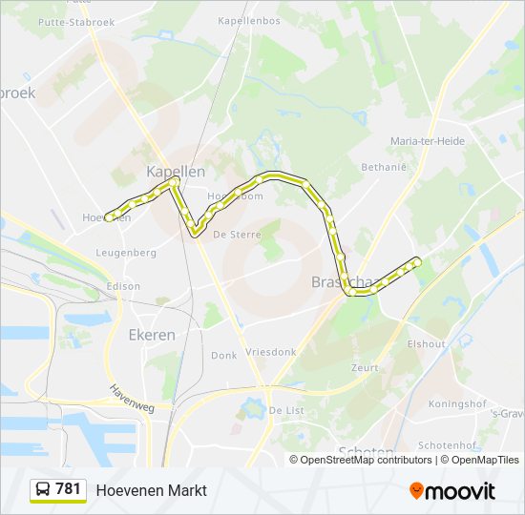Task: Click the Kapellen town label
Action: pos(175,172)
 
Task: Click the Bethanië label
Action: pos(385,167)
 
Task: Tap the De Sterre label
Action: pos(232,234)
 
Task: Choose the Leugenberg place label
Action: pos(126,253)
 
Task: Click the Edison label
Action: pos(124,286)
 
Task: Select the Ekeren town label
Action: pos(152,335)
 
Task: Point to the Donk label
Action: pos(223,355)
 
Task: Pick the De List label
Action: pos(285,410)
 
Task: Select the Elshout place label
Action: pos(427,344)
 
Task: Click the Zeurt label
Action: pos(364,367)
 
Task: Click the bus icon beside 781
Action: pos(42,490)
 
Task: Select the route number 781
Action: pos(69,489)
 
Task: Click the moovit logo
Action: pos(452,491)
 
